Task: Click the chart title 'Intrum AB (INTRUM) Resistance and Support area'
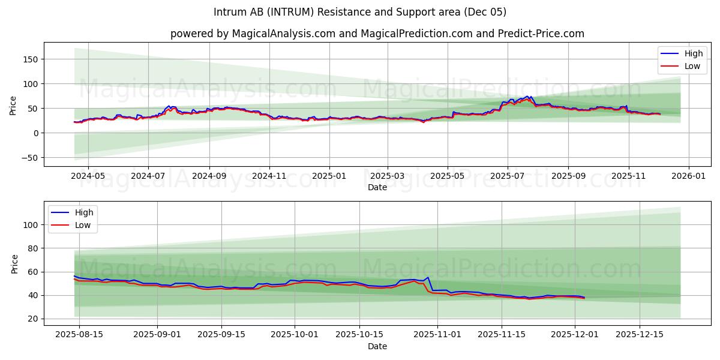(x=360, y=12)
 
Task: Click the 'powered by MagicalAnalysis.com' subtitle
(x=377, y=34)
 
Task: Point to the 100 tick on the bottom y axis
(x=32, y=224)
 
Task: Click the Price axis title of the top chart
(x=13, y=104)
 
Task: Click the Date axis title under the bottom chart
(x=377, y=347)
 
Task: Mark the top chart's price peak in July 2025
(x=530, y=96)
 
